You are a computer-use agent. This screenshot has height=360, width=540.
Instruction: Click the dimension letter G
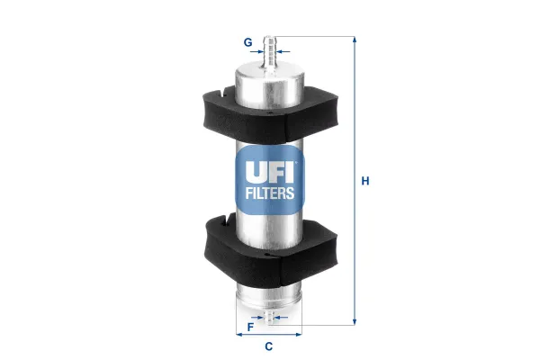coord(247,42)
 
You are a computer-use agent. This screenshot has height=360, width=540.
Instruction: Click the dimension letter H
coord(365,181)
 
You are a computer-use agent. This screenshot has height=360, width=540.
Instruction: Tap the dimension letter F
coord(251,327)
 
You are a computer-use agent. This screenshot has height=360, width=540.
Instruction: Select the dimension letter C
coord(268,346)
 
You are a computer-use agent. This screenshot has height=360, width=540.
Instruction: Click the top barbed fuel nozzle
coord(270,52)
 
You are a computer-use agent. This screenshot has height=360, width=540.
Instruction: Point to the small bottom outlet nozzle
coord(268,316)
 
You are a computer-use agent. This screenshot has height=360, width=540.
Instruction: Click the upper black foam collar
coord(270,114)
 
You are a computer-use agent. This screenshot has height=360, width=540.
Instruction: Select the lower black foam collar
coord(270,250)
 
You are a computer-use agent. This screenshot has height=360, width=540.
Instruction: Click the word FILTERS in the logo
coord(270,193)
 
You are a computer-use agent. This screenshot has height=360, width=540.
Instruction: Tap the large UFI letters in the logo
coord(270,172)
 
